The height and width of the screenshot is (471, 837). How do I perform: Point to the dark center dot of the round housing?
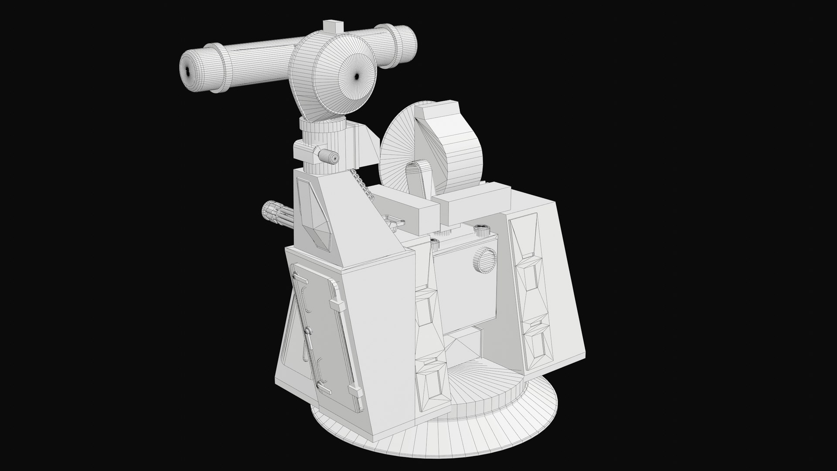click(357, 77)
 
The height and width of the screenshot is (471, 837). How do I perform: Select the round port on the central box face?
click(484, 260)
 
